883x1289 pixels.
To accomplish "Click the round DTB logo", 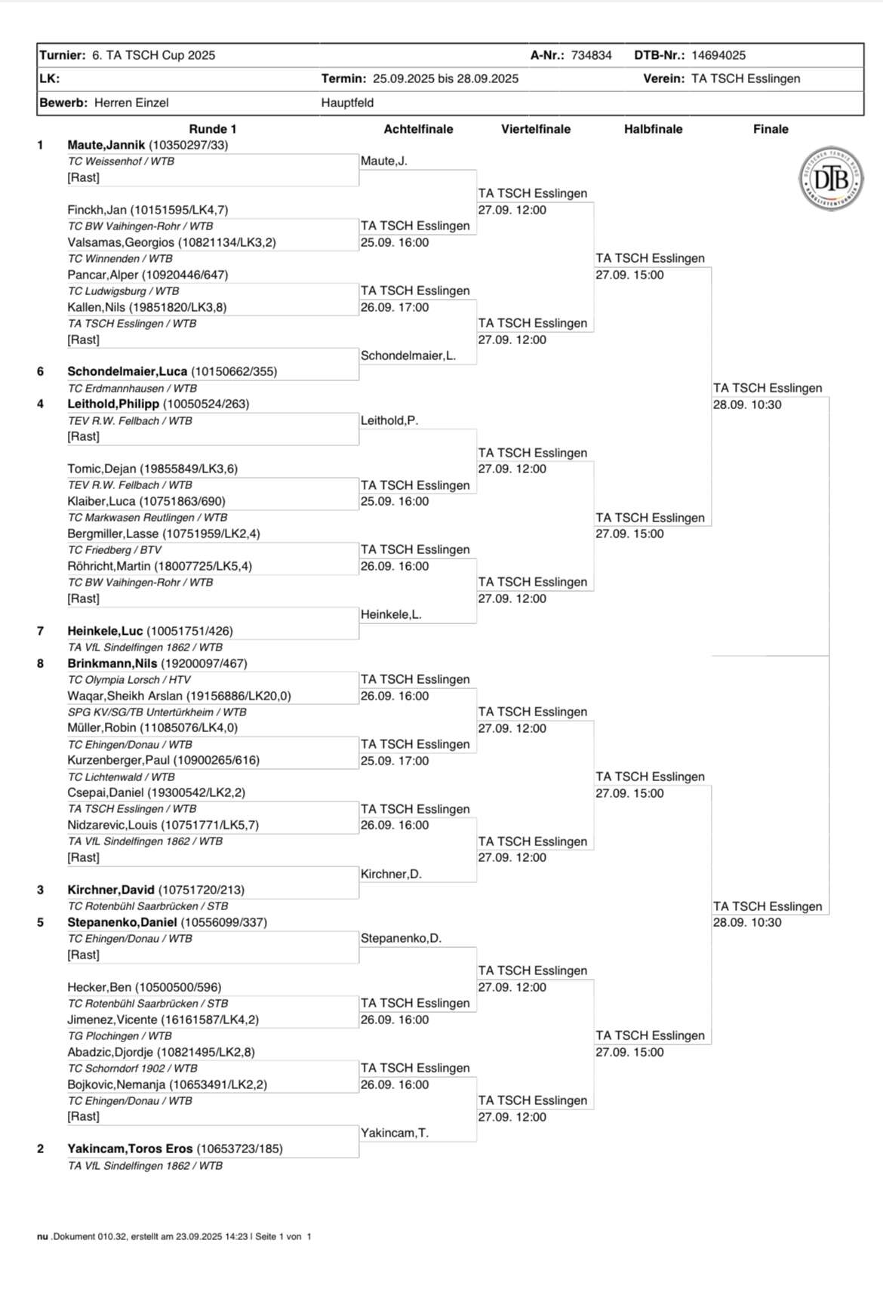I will pyautogui.click(x=831, y=179).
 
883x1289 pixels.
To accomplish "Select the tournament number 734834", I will pyautogui.click(x=591, y=55).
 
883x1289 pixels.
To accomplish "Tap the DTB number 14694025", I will pyautogui.click(x=718, y=55).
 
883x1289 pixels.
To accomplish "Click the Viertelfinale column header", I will pyautogui.click(x=536, y=129).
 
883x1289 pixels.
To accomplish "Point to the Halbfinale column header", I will pyautogui.click(x=653, y=129).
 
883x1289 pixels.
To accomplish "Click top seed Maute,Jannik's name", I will pyautogui.click(x=106, y=145).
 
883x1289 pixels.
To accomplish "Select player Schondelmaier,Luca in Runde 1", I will pyautogui.click(x=127, y=371).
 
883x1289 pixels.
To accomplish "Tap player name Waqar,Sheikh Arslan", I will pyautogui.click(x=125, y=696).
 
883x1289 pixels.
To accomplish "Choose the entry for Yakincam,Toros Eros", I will pyautogui.click(x=131, y=1149).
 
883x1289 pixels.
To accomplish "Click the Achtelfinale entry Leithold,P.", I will pyautogui.click(x=389, y=420).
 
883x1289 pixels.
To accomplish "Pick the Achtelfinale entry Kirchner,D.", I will pyautogui.click(x=391, y=874).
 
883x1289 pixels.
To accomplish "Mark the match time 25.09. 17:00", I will pyautogui.click(x=395, y=761).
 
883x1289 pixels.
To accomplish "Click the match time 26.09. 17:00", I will pyautogui.click(x=395, y=307).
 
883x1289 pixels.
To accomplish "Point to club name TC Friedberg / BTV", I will pyautogui.click(x=115, y=550).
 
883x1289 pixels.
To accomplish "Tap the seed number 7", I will pyautogui.click(x=41, y=631).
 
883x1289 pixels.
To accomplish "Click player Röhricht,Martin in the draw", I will pyautogui.click(x=109, y=566).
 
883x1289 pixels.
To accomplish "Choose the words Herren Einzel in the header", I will pyautogui.click(x=131, y=103).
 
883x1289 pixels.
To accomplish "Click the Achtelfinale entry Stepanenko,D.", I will pyautogui.click(x=401, y=938).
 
